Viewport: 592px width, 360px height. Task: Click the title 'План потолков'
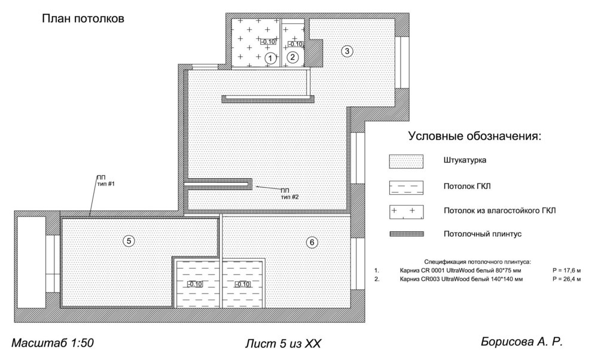pyautogui.click(x=83, y=19)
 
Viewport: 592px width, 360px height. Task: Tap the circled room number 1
pyautogui.click(x=270, y=58)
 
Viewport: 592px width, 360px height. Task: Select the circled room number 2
pyautogui.click(x=292, y=57)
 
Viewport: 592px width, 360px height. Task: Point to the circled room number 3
pyautogui.click(x=347, y=51)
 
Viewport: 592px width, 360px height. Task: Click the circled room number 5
pyautogui.click(x=129, y=241)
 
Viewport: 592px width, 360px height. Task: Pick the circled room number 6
pyautogui.click(x=312, y=243)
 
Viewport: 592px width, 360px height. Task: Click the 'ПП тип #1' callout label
pyautogui.click(x=105, y=181)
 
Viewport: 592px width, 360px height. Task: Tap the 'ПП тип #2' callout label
pyautogui.click(x=289, y=194)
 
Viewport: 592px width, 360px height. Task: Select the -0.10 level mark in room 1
pyautogui.click(x=268, y=41)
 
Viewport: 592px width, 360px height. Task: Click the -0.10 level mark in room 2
pyautogui.click(x=295, y=44)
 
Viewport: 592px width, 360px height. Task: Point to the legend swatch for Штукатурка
pyautogui.click(x=406, y=161)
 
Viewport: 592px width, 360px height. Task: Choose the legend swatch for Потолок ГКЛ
pyautogui.click(x=406, y=187)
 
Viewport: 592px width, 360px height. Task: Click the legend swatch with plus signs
pyautogui.click(x=406, y=212)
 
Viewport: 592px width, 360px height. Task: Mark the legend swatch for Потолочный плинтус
pyautogui.click(x=406, y=234)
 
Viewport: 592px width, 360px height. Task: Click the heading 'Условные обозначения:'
pyautogui.click(x=475, y=136)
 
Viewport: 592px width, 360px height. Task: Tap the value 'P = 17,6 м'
pyautogui.click(x=566, y=270)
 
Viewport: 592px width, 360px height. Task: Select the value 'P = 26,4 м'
pyautogui.click(x=566, y=279)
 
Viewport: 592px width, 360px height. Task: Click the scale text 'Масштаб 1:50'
pyautogui.click(x=53, y=343)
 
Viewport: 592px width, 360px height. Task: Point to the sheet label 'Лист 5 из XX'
pyautogui.click(x=283, y=344)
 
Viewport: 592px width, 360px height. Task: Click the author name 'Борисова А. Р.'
pyautogui.click(x=522, y=342)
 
